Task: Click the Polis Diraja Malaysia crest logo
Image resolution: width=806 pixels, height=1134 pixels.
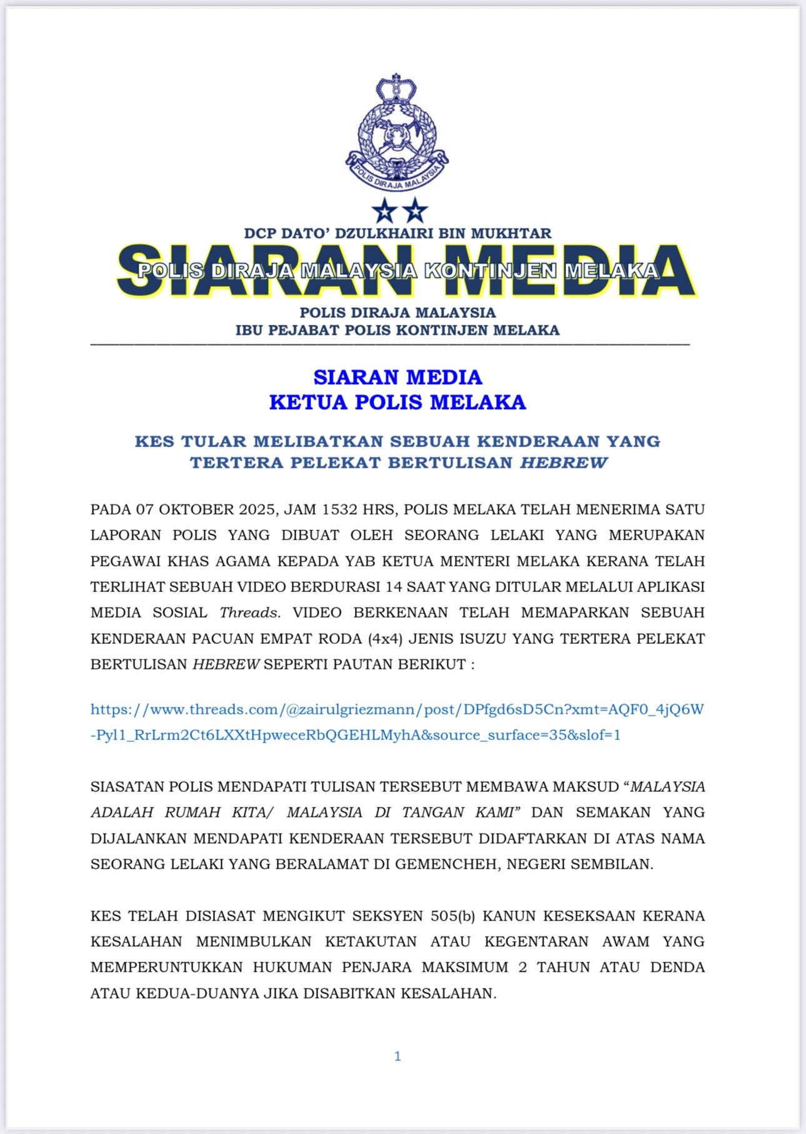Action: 397,132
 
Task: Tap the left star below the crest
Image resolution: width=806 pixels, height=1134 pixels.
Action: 384,210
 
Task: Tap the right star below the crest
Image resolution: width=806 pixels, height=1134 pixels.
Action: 414,210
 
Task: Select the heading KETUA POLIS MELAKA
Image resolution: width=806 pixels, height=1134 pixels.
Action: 397,402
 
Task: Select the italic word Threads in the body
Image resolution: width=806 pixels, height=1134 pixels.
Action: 249,613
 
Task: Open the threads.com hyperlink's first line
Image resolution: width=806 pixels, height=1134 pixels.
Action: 397,709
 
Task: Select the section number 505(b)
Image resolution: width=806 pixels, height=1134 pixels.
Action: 453,916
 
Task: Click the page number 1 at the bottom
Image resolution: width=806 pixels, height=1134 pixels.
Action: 397,1056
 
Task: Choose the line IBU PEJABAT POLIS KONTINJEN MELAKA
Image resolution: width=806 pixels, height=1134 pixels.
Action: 397,330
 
